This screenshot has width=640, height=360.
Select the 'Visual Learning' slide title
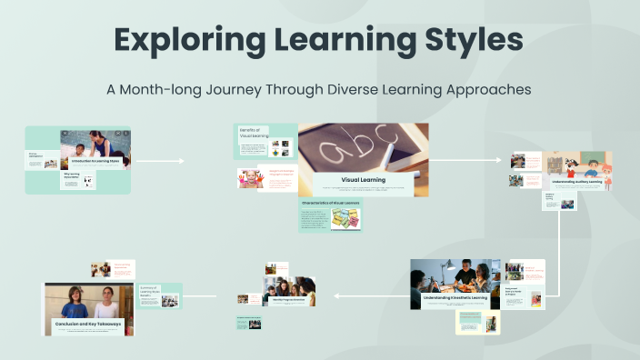click(x=363, y=180)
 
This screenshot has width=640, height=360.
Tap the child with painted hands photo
click(x=249, y=178)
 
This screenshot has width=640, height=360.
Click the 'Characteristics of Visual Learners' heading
click(x=328, y=203)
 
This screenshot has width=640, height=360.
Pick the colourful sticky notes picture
click(x=345, y=218)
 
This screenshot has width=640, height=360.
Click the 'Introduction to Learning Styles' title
click(x=95, y=161)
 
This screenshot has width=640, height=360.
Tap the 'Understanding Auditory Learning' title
click(x=575, y=182)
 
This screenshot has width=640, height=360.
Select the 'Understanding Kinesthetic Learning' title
click(x=455, y=297)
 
